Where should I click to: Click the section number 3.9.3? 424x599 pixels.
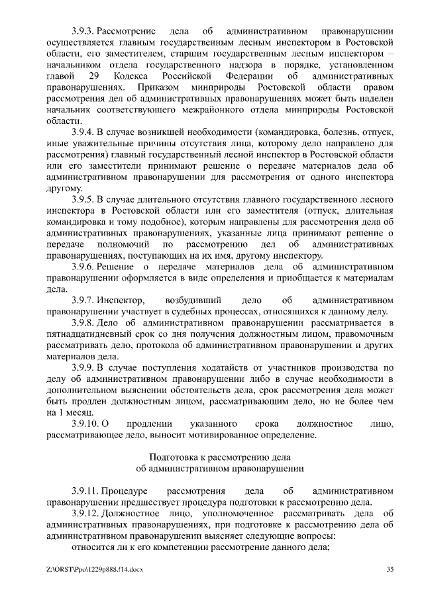83,30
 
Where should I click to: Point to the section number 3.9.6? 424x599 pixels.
83,267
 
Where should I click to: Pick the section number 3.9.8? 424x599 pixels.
83,322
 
